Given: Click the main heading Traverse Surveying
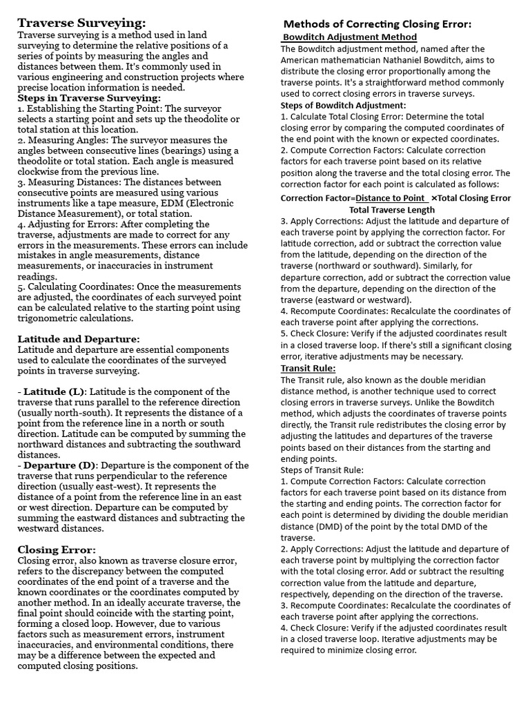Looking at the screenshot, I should [x=82, y=23].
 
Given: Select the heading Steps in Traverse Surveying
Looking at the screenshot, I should [x=89, y=99].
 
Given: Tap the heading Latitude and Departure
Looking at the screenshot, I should [x=79, y=339].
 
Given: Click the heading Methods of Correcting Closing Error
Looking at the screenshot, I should [x=378, y=23].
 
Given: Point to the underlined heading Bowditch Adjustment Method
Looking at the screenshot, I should [x=351, y=37].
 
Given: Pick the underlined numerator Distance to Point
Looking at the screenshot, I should [x=391, y=198].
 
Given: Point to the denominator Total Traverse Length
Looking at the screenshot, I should [x=392, y=210].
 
